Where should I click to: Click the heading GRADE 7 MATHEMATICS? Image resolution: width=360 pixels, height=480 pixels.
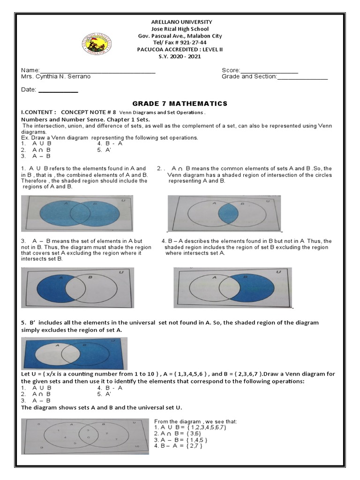(180, 104)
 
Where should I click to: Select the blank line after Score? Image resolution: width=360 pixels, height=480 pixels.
(269, 71)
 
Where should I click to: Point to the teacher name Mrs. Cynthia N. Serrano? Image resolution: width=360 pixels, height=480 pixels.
(56, 76)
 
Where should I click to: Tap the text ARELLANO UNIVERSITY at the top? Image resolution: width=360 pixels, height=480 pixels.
(180, 22)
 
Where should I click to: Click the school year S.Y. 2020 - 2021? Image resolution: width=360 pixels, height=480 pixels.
(180, 57)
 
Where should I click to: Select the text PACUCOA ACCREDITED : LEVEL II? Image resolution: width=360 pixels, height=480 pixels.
(180, 50)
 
